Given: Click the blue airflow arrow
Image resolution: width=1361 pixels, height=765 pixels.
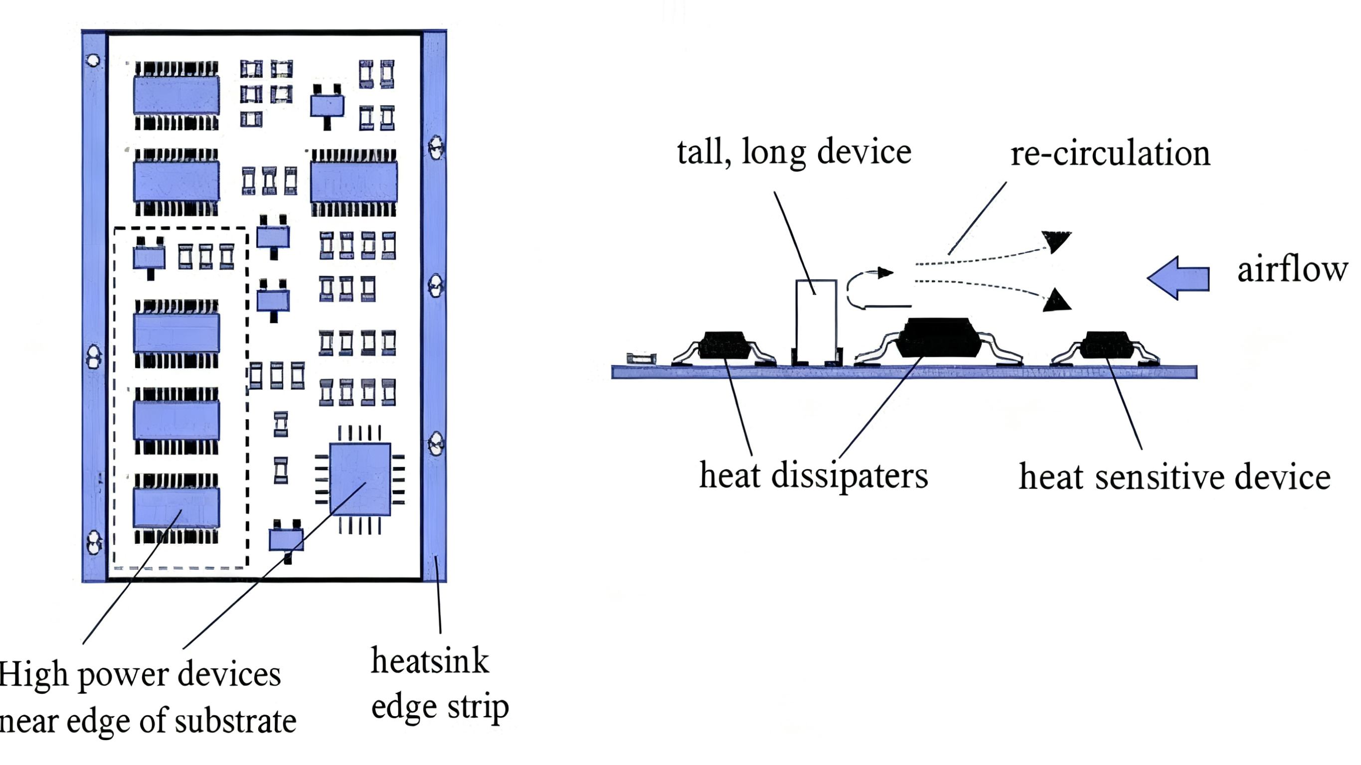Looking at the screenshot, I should coord(1179,278).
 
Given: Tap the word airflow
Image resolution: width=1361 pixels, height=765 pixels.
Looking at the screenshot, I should coord(1292,270).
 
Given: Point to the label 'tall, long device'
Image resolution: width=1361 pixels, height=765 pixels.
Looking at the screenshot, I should coord(794,152).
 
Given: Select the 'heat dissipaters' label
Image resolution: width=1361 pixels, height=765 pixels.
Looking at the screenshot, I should coord(814,475).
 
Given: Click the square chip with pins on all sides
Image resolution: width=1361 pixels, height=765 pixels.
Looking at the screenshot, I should coord(360,479).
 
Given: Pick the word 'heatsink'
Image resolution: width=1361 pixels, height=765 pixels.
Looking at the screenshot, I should coord(430,661).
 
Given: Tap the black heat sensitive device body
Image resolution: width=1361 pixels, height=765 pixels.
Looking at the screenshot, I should coord(1105,345).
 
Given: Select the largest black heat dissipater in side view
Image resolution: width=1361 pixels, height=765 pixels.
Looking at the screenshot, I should coord(939,337).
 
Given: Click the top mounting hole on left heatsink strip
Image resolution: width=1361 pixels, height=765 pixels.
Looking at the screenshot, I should coord(94,60).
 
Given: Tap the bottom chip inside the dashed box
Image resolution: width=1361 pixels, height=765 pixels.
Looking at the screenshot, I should coord(176,508).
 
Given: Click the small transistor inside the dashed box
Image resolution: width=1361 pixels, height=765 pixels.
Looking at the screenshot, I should coord(150,258).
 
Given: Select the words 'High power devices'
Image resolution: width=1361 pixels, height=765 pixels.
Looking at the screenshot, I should coord(140,675).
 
